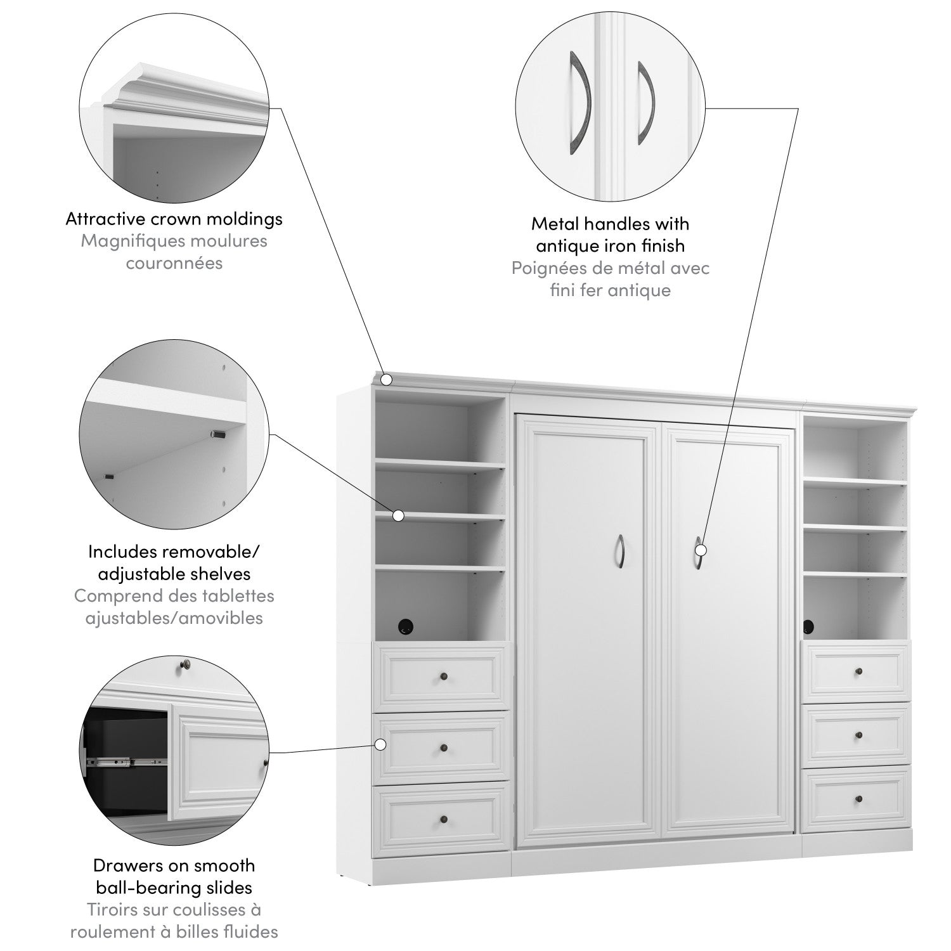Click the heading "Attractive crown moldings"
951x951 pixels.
174,219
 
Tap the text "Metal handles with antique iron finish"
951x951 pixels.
611,235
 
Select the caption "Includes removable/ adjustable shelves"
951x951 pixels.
174,563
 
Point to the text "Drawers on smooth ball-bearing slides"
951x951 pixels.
174,876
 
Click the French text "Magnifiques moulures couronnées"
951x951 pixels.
174,252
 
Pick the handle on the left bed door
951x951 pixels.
622,551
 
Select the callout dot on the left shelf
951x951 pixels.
398,515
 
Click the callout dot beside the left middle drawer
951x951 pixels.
382,744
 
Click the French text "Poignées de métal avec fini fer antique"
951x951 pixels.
611,279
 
